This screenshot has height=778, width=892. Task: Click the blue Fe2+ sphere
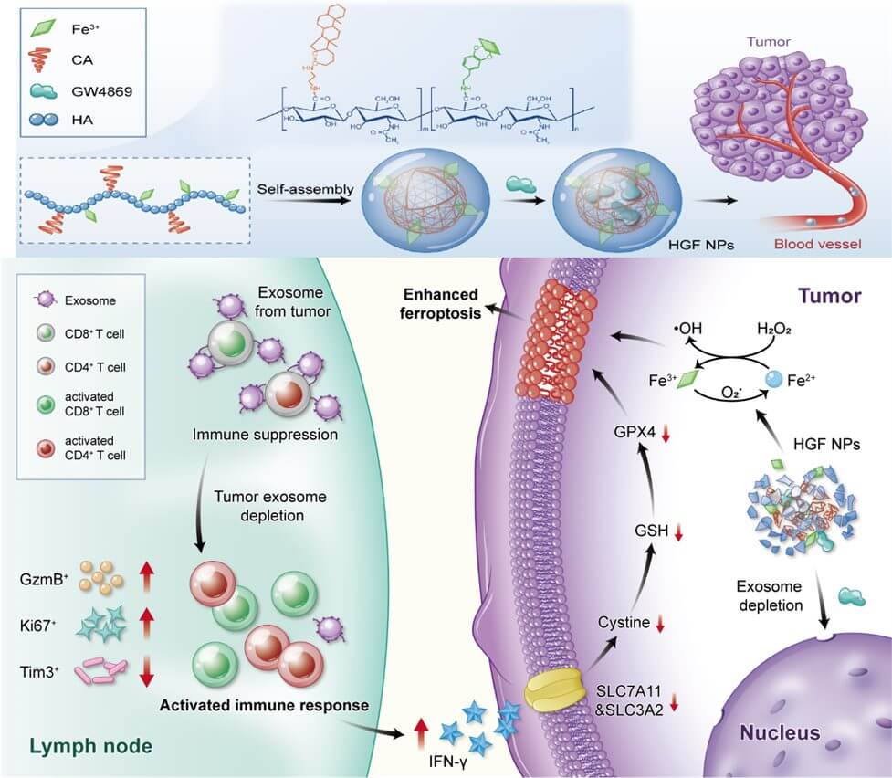pyautogui.click(x=771, y=377)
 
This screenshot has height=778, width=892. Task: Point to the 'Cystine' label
pyautogui.click(x=624, y=623)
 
